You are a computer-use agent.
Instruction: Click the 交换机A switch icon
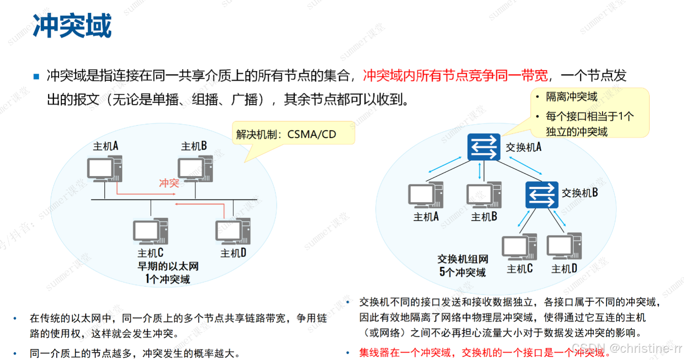(484, 147)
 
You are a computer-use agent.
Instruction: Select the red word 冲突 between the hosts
(169, 183)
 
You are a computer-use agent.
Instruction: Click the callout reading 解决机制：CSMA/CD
(286, 134)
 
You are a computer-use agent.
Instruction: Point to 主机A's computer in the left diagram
(105, 169)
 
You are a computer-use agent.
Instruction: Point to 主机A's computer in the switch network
(426, 196)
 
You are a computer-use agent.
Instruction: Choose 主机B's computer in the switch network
(484, 196)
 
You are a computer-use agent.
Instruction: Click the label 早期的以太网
(168, 267)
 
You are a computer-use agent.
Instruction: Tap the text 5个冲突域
(463, 273)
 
